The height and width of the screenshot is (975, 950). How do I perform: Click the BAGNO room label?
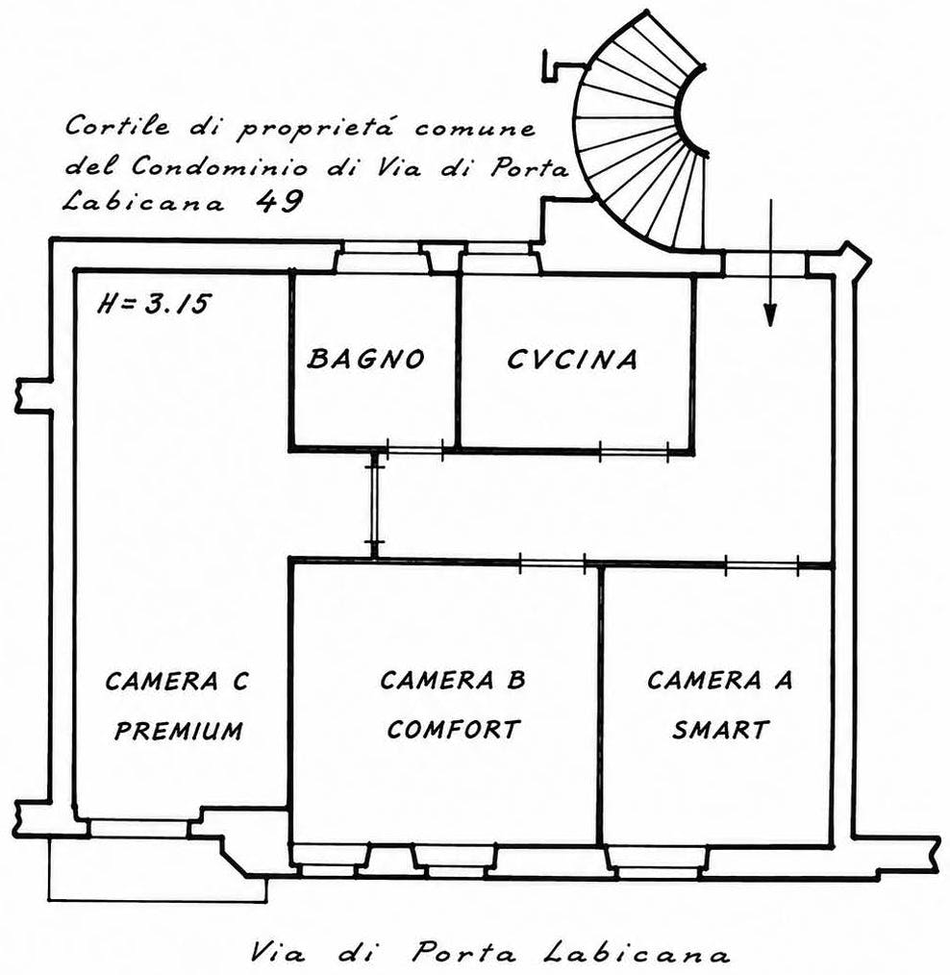click(366, 359)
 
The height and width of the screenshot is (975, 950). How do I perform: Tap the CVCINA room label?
click(572, 360)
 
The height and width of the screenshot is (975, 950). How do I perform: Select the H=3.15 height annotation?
click(154, 304)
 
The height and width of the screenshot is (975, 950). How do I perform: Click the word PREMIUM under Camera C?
click(179, 730)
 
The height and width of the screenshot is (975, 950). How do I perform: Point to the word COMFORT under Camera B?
click(453, 729)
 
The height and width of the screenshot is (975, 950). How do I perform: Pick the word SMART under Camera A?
click(720, 729)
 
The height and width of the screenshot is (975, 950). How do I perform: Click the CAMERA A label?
click(720, 680)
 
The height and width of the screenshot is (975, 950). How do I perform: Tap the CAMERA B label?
click(453, 680)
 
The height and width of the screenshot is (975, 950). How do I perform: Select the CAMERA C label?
click(177, 681)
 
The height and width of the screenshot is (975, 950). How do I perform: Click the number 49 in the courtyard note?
click(281, 201)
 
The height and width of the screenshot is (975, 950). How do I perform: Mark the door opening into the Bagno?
click(414, 448)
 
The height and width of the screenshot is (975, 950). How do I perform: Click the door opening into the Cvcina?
click(634, 449)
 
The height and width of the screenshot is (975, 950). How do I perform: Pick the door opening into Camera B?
click(552, 562)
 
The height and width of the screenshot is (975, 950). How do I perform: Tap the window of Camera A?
click(659, 863)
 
